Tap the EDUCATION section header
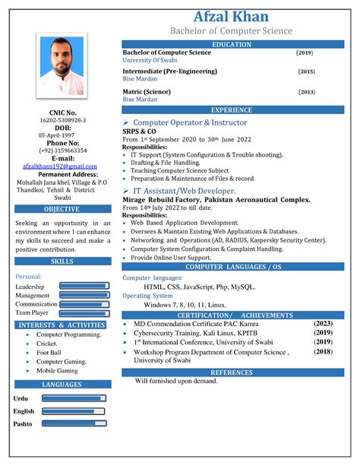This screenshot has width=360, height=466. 231,45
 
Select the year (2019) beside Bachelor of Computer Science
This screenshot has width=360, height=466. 305,53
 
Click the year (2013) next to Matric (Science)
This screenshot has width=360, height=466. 306,91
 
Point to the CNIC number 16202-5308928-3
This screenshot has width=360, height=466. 62,120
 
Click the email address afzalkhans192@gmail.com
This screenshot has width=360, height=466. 60,166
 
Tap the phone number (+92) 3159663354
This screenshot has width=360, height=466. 62,151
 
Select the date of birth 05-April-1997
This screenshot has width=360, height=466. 62,135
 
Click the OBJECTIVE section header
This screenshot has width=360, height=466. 62,209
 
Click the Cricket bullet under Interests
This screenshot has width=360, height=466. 47,344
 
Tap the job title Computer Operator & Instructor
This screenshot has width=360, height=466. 190,122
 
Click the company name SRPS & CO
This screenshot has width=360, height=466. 139,131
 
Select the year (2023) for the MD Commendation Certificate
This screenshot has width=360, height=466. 323,323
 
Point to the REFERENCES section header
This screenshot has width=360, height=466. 231,372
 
